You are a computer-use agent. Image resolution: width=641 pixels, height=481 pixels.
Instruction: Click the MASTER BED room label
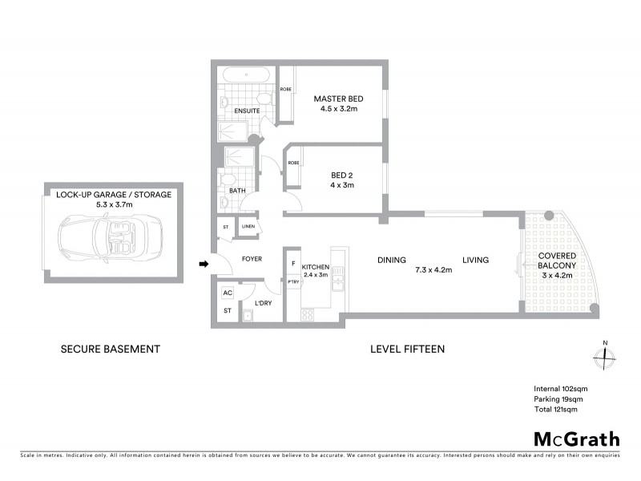click(338, 99)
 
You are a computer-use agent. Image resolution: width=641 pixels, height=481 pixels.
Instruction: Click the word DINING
click(393, 260)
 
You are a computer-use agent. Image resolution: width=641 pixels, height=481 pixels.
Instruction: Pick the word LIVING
click(476, 260)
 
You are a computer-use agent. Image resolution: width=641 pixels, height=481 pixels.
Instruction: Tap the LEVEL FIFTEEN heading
click(407, 349)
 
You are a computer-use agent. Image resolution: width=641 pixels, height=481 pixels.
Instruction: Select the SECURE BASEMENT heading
click(111, 349)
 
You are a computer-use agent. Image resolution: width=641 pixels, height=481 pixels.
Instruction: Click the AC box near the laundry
click(227, 293)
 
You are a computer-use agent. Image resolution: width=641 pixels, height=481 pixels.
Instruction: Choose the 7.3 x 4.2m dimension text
click(433, 270)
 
